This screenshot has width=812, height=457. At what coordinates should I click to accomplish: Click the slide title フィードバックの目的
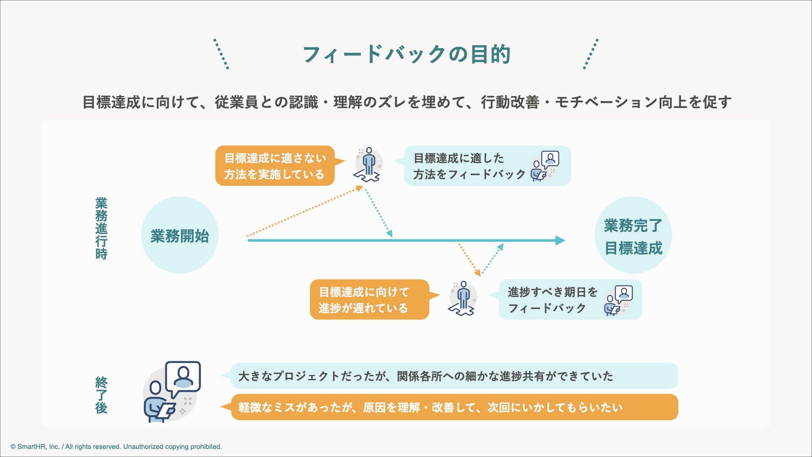pos(407,55)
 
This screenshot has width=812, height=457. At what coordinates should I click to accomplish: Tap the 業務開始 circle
pos(180,235)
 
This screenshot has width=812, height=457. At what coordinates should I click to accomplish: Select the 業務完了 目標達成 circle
pos(633,235)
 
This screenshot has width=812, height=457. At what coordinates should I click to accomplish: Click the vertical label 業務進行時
pos(101,228)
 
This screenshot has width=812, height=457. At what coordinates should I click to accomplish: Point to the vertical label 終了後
pos(101,395)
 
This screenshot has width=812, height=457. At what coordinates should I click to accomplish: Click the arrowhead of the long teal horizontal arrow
pos(561,240)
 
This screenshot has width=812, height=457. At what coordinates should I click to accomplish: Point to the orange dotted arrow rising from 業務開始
pos(305,211)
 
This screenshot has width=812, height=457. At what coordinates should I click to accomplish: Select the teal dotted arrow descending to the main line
pos(379,213)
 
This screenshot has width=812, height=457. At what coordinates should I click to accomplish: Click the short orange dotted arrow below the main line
pos(470,260)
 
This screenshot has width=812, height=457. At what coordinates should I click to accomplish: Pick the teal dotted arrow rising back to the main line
pos(493,259)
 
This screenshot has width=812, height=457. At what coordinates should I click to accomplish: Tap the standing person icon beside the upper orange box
pos(369,165)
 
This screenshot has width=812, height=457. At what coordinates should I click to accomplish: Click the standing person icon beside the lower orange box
pos(463,299)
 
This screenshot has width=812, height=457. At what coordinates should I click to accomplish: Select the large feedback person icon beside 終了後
pos(172,392)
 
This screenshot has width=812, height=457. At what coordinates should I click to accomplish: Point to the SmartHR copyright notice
pos(116,447)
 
